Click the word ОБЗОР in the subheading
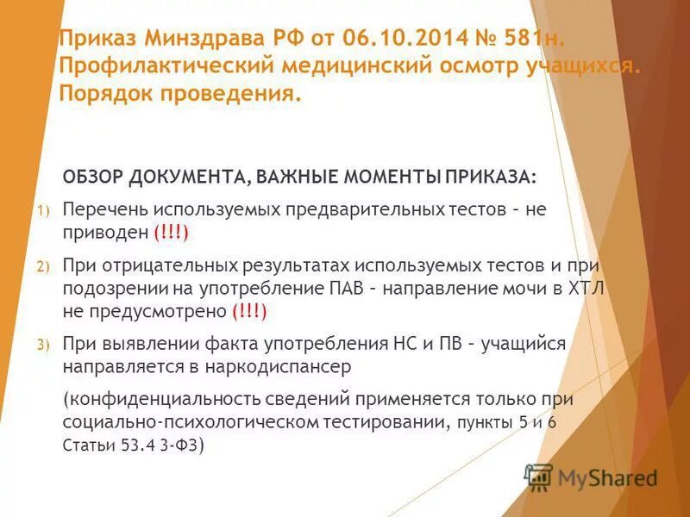[93, 177]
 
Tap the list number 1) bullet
[44, 210]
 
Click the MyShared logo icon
[539, 477]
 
